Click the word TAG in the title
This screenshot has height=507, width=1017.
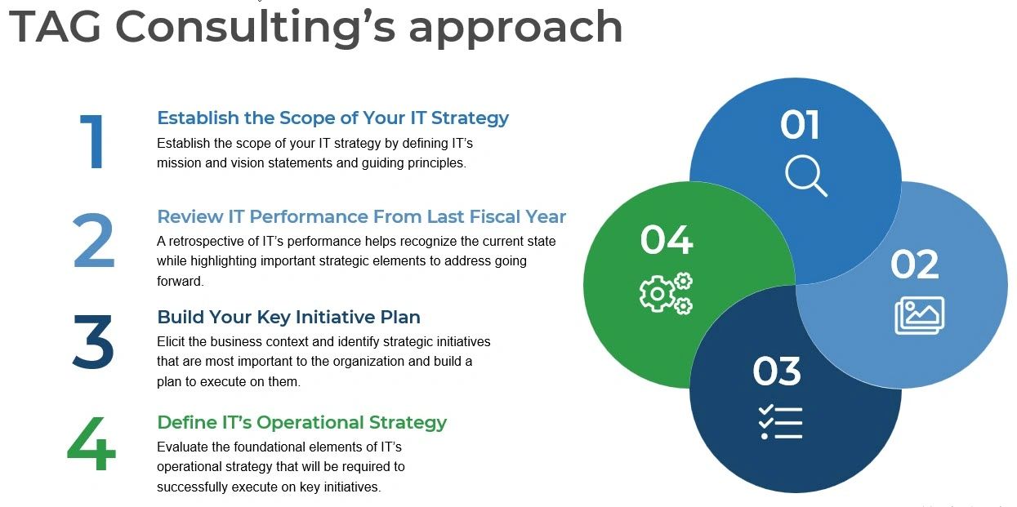click(x=55, y=26)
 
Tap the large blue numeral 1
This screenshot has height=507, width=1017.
click(x=93, y=142)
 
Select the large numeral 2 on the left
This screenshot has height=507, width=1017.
click(x=93, y=242)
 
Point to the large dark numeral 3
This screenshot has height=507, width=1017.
click(x=93, y=340)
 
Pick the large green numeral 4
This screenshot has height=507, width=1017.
click(x=91, y=444)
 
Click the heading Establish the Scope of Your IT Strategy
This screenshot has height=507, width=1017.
click(x=332, y=118)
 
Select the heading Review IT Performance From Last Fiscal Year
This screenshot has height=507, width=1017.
click(x=361, y=216)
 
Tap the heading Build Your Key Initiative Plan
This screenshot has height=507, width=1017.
click(x=288, y=317)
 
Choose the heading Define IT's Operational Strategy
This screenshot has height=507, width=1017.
click(x=301, y=422)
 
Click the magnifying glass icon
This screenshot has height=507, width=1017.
click(x=805, y=176)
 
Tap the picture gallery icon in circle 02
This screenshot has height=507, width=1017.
click(x=919, y=315)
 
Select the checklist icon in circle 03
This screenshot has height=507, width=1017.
click(x=780, y=422)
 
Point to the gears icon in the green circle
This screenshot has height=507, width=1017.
click(x=666, y=293)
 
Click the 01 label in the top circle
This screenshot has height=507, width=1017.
click(x=799, y=125)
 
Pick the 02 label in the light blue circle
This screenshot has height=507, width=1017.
click(x=914, y=265)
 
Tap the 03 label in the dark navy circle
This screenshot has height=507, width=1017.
click(x=777, y=371)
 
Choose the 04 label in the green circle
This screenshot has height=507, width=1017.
click(x=666, y=240)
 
